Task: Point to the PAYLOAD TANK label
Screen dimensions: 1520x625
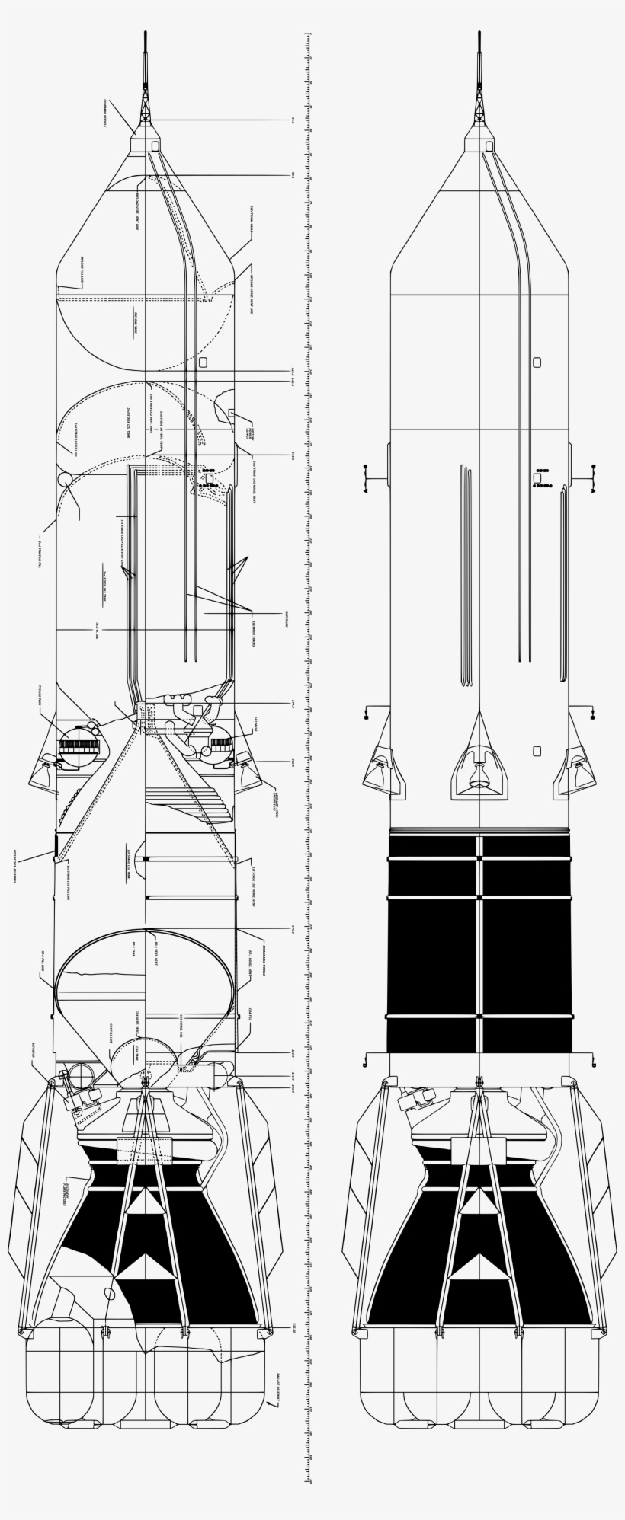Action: (x=135, y=323)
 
